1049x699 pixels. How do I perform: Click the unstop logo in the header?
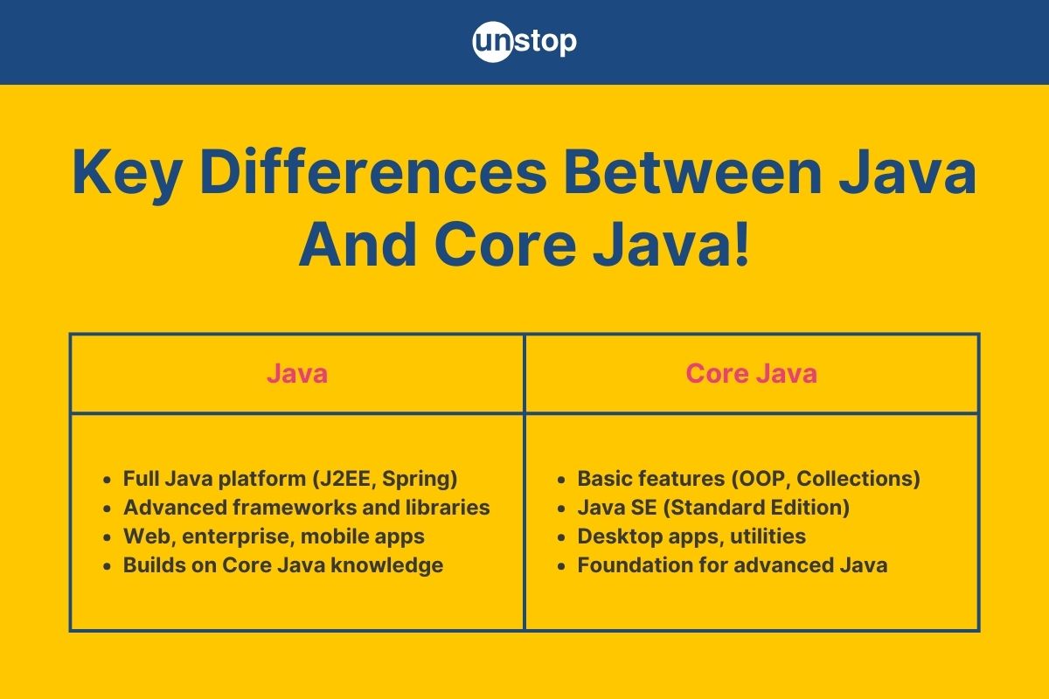[524, 42]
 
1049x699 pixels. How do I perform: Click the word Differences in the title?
[373, 171]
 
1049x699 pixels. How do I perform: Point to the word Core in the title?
[506, 246]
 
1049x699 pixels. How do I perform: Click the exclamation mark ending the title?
[742, 245]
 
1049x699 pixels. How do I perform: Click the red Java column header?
[297, 374]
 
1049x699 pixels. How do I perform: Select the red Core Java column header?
[751, 374]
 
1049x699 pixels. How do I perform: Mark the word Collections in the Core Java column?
[855, 479]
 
